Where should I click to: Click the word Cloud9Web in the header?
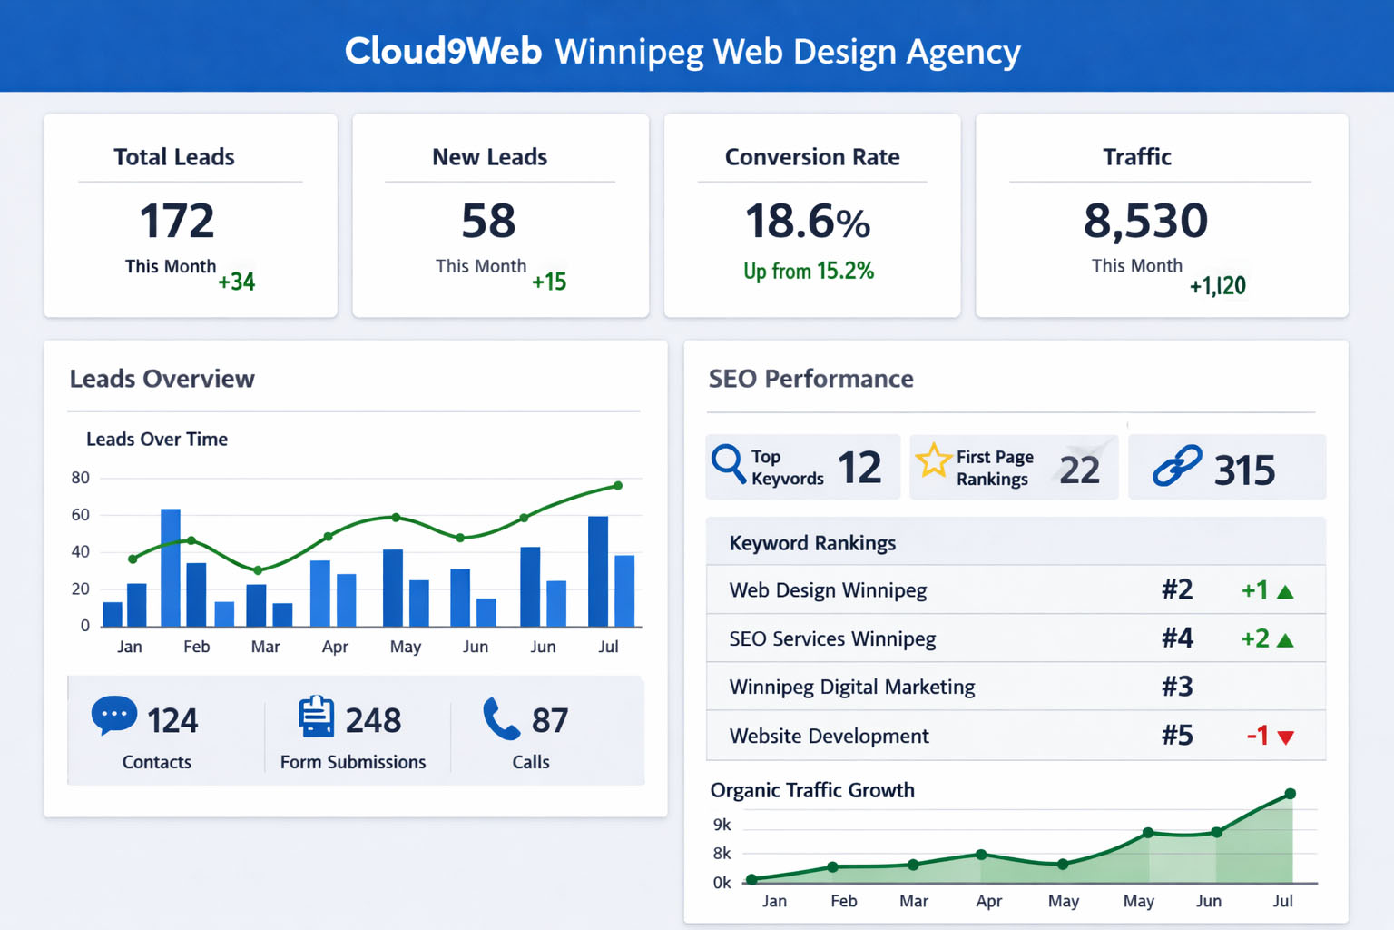[x=443, y=51]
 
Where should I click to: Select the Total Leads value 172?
[x=177, y=221]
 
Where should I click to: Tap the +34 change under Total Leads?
[x=236, y=282]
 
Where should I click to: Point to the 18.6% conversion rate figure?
[x=807, y=222]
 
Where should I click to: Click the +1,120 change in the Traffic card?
[x=1217, y=286]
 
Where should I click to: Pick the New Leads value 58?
[x=488, y=221]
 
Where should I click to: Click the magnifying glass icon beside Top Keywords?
[x=729, y=464]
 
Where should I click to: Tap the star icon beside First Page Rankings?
[x=933, y=460]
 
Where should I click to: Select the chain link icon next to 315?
[x=1177, y=466]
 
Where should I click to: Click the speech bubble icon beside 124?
[x=114, y=716]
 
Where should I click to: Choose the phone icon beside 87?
[x=500, y=718]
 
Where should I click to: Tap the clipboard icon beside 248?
[x=316, y=717]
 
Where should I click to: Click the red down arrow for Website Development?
[x=1285, y=737]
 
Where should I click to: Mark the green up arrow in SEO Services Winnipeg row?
[x=1284, y=640]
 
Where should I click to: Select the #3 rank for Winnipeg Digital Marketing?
[x=1177, y=687]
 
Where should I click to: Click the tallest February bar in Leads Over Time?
[x=171, y=568]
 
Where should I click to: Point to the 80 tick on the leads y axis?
[x=81, y=478]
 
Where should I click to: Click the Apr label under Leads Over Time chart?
[x=335, y=647]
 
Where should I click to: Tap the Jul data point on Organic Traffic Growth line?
[x=1290, y=794]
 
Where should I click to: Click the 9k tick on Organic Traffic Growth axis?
[x=722, y=825]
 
